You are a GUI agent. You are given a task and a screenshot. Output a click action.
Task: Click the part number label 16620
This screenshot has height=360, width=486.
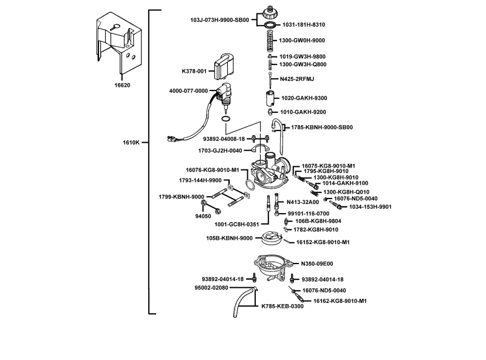[122, 85]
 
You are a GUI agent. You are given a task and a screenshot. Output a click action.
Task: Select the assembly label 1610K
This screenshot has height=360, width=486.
[131, 143]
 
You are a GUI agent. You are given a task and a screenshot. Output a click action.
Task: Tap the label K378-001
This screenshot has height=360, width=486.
[194, 71]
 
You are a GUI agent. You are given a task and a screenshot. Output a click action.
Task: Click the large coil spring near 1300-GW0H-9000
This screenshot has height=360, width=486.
[270, 41]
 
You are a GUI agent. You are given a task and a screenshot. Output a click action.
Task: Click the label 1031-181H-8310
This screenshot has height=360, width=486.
[304, 25]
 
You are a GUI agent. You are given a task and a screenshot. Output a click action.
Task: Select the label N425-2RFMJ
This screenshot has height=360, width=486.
[297, 79]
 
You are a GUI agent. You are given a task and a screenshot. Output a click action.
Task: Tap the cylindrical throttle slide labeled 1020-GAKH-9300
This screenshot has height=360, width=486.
[269, 98]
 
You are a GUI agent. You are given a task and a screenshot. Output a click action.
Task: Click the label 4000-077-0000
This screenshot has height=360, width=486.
[188, 91]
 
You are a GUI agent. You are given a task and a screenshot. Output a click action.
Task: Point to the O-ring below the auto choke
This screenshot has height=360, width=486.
[225, 119]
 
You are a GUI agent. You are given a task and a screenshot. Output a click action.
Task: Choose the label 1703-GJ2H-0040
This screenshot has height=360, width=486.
[220, 151]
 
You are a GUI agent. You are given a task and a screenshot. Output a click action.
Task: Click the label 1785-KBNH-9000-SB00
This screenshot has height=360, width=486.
[322, 127]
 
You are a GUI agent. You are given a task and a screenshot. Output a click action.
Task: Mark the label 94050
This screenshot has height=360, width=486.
[203, 216]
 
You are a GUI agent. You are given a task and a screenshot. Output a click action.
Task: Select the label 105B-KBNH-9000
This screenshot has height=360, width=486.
[230, 238]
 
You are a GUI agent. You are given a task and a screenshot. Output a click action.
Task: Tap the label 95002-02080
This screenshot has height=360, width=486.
[211, 288]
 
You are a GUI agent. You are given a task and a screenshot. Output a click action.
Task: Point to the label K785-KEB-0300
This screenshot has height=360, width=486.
[282, 307]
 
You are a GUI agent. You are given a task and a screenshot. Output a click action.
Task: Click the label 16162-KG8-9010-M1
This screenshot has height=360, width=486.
[340, 301]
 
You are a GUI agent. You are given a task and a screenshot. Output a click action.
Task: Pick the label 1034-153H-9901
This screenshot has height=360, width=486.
[371, 207]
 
